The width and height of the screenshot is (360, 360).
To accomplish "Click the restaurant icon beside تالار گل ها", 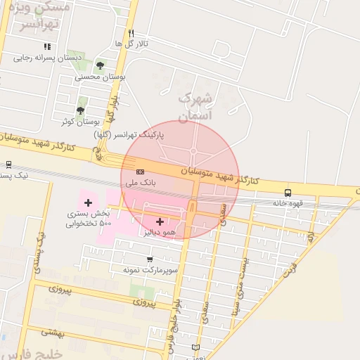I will pyautogui.click(x=131, y=33).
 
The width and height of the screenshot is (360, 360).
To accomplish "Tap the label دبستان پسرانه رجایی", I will pyautogui.click(x=50, y=58).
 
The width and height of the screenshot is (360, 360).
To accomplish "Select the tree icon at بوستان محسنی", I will pyautogui.click(x=100, y=65).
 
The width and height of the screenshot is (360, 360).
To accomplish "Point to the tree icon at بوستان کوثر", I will pyautogui.click(x=80, y=110).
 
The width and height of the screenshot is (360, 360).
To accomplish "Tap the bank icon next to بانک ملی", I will pyautogui.click(x=140, y=172).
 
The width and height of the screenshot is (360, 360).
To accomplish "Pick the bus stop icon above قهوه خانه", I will pyautogui.click(x=288, y=193).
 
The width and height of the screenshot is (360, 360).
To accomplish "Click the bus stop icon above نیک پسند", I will pyautogui.click(x=8, y=165).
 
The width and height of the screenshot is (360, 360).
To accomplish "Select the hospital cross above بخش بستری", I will pyautogui.click(x=88, y=202).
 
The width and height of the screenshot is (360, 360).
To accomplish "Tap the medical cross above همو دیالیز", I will pyautogui.click(x=160, y=221).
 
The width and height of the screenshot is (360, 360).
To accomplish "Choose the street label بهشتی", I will pyautogui.click(x=53, y=331).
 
